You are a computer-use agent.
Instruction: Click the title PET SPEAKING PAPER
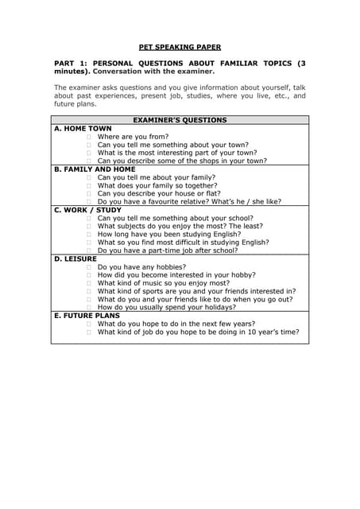pos(180,47)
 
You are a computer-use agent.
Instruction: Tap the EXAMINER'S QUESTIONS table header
pos(180,120)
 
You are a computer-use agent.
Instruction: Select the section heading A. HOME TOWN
pos(83,128)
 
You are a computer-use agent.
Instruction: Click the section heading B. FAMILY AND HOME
pos(95,169)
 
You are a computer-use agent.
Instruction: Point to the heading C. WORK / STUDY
pos(87,210)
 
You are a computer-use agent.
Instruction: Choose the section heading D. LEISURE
pos(75,258)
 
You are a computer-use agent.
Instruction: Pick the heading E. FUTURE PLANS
pos(87,316)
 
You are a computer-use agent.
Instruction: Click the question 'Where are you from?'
pos(133,136)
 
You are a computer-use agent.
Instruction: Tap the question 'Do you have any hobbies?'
pos(142,267)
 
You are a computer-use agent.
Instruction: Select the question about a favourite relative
pos(189,202)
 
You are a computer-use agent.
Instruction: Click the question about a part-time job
pos(168,251)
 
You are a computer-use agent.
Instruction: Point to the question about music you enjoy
pos(164,283)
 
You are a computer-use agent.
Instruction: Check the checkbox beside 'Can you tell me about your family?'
pos(89,178)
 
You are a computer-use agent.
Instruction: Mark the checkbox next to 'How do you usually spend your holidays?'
pos(89,308)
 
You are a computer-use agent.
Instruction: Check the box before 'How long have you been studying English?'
pos(89,235)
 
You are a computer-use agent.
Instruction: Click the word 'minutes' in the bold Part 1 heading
pos(70,71)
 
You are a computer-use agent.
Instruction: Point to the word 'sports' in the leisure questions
pos(153,291)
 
